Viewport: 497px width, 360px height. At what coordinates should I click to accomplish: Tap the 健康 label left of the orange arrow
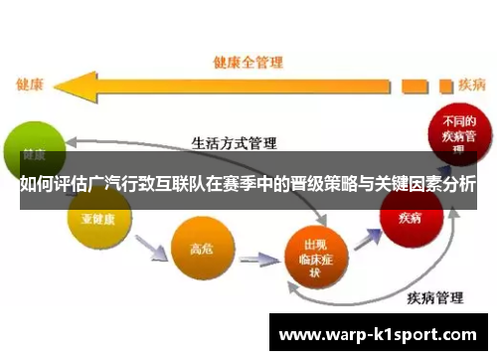pos(29,84)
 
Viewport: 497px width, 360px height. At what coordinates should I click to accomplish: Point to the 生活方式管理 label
pos(234,143)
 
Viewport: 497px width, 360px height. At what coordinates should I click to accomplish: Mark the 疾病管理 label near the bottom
pos(434,295)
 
